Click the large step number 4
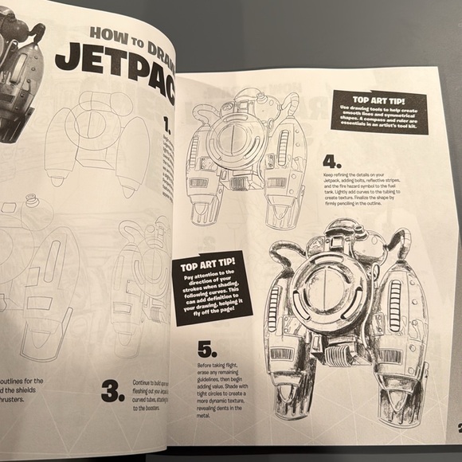coord(331,158)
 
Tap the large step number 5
coord(206,350)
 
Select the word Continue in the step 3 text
coord(147,383)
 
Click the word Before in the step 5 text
coord(210,366)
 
